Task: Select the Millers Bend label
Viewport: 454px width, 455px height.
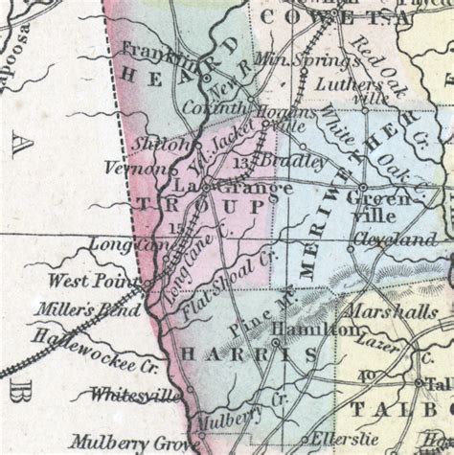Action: pos(82,311)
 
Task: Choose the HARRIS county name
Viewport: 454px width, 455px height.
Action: pos(246,354)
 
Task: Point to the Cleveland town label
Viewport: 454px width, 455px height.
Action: pos(387,238)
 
